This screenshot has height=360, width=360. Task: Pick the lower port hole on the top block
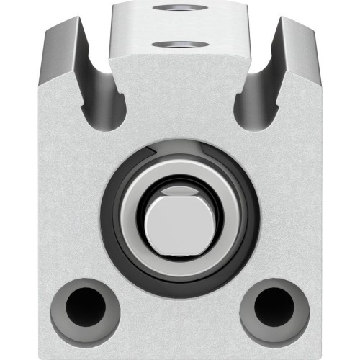pyautogui.click(x=179, y=45)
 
